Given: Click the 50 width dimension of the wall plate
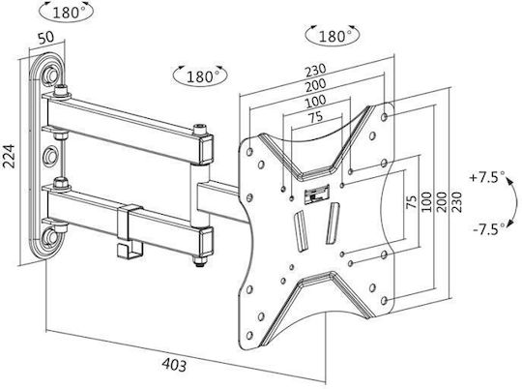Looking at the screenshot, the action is pos(46,38).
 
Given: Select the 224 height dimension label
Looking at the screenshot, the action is pos(9,156).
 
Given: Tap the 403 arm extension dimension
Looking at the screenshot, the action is pos(174,365).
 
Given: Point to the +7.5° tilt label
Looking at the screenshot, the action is pos(487,177).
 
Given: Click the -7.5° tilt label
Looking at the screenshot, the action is pos(489,229).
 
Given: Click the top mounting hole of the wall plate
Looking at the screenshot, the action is pos(50,75).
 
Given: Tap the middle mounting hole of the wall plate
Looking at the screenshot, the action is pos(50,156).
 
